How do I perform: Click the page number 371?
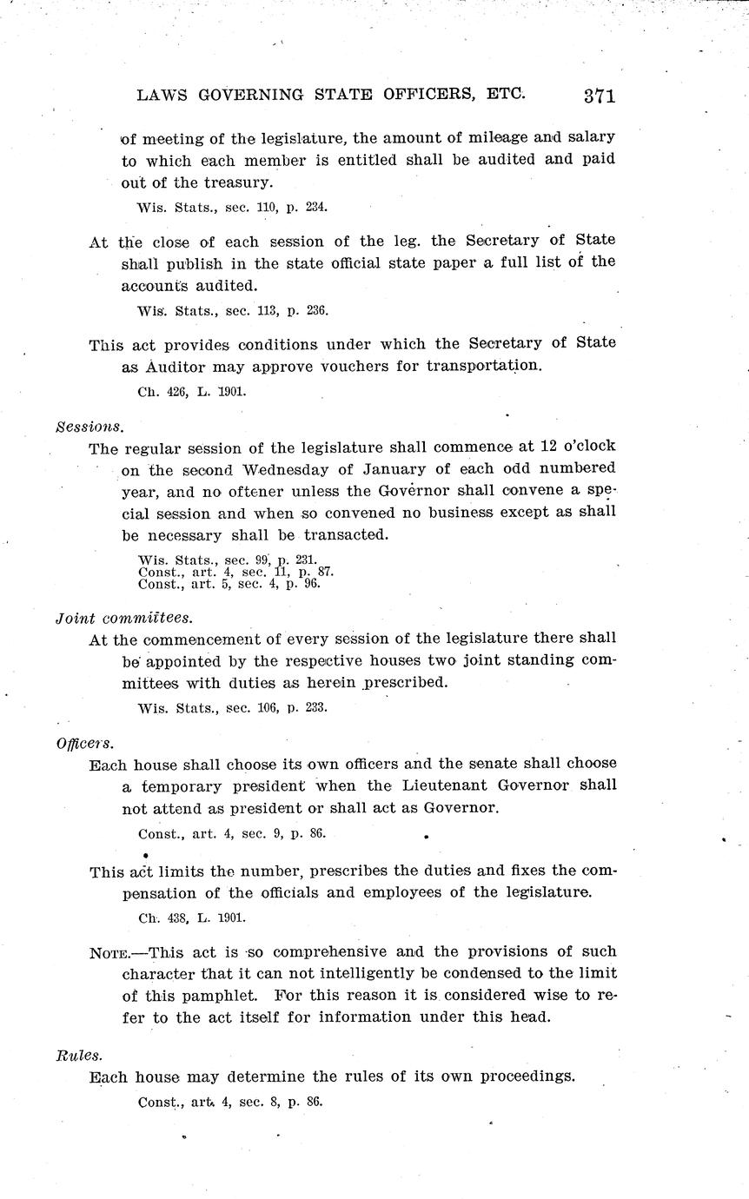[x=600, y=96]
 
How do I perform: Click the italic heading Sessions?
[x=89, y=427]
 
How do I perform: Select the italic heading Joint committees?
[x=123, y=618]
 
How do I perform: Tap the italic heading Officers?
[x=84, y=743]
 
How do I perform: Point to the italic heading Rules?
[x=79, y=1056]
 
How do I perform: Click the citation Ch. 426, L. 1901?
[x=191, y=391]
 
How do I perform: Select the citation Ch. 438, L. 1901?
[x=191, y=917]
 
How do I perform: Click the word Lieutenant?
[x=447, y=785]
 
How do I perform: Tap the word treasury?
[x=236, y=182]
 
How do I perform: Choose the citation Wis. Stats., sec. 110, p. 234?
[x=232, y=208]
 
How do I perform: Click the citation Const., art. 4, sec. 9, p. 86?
[x=231, y=834]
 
